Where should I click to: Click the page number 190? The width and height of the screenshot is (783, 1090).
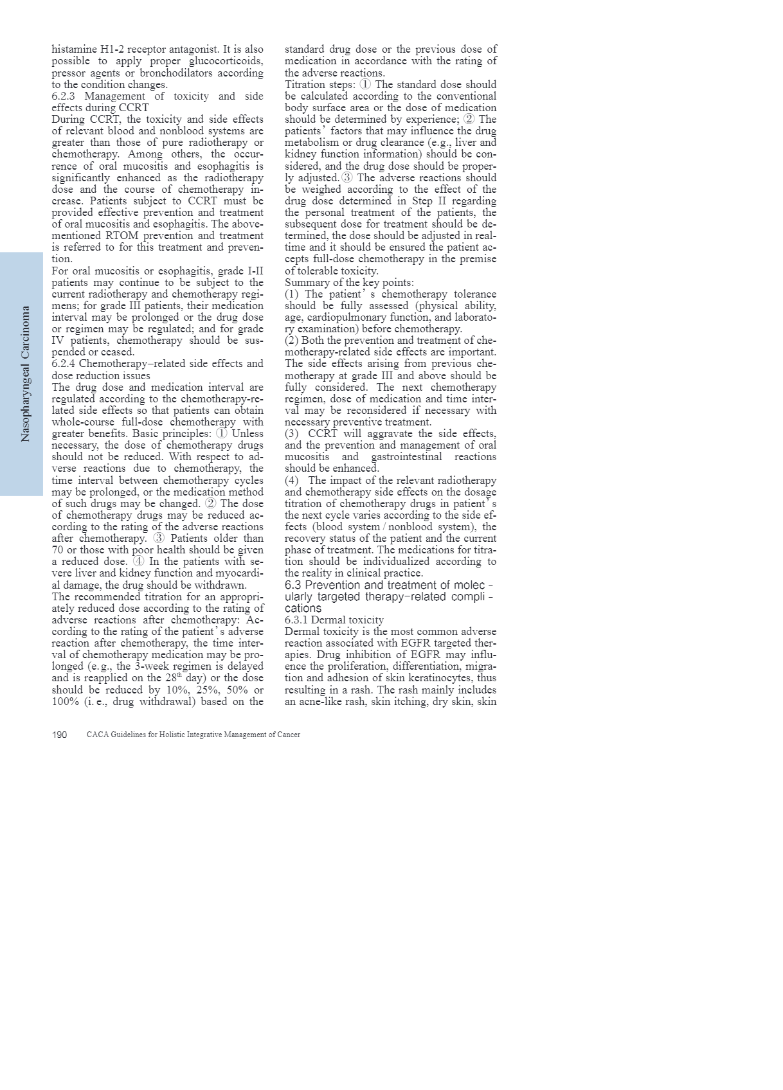[59, 735]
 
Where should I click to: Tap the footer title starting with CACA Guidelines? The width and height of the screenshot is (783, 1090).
[193, 735]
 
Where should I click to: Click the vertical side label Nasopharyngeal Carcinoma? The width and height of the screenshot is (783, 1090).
[26, 373]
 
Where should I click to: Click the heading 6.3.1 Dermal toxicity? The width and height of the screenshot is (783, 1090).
[334, 620]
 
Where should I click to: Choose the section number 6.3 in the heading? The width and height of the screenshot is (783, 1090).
[292, 585]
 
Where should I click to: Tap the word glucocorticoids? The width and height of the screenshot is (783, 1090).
[226, 61]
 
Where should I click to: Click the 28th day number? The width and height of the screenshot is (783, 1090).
[172, 678]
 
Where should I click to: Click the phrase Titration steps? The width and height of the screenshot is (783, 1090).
[319, 85]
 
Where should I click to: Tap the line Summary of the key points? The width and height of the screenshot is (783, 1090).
[349, 283]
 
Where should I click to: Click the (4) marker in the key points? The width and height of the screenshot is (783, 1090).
[291, 481]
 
